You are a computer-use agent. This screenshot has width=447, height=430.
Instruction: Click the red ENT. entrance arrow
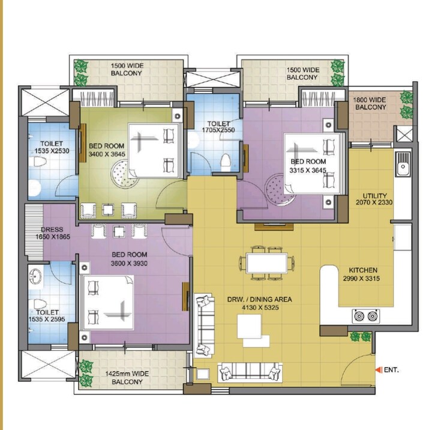pyautogui.click(x=378, y=370)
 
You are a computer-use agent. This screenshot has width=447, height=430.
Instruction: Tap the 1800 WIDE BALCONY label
pyautogui.click(x=370, y=103)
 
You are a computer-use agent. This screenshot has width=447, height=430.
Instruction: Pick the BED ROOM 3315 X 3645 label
pyautogui.click(x=308, y=166)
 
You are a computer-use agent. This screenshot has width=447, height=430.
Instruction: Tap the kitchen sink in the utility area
pyautogui.click(x=403, y=162)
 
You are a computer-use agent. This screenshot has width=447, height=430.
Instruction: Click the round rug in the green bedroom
pyautogui.click(x=124, y=175)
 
